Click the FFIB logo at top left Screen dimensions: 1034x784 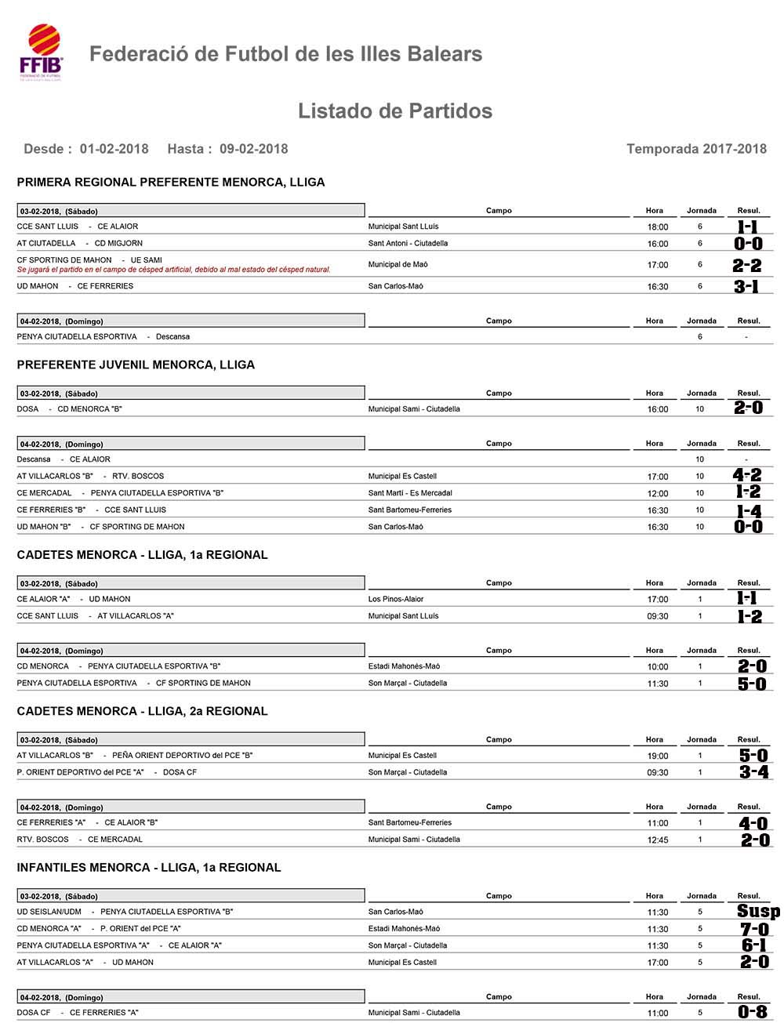(x=41, y=53)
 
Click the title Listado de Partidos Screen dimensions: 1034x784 (x=394, y=111)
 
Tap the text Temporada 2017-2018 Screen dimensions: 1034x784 (x=696, y=149)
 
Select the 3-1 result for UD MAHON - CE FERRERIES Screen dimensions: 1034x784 (x=746, y=287)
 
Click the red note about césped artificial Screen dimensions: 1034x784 (x=174, y=270)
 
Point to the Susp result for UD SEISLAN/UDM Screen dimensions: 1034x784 (x=757, y=912)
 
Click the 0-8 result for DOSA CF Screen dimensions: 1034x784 (x=753, y=1012)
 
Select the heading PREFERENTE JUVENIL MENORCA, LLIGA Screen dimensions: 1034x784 (x=136, y=365)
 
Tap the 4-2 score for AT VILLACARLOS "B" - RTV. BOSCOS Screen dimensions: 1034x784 (x=746, y=475)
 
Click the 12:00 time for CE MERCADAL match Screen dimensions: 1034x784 (x=658, y=494)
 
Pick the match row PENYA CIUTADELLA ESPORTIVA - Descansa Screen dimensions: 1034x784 (x=103, y=337)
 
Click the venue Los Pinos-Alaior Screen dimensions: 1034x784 (x=396, y=599)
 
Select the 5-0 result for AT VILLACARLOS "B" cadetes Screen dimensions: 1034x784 (x=753, y=756)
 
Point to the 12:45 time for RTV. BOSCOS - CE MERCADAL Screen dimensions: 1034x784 (x=658, y=840)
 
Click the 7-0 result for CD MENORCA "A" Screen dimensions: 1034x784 (x=754, y=929)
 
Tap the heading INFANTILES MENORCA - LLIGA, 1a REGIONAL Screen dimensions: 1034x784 (x=149, y=867)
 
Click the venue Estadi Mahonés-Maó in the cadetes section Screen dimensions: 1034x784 (x=404, y=666)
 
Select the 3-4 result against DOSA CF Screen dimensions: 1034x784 (x=753, y=772)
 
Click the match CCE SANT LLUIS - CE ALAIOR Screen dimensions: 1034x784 (x=78, y=227)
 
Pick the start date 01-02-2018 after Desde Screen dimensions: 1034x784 (x=114, y=149)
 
